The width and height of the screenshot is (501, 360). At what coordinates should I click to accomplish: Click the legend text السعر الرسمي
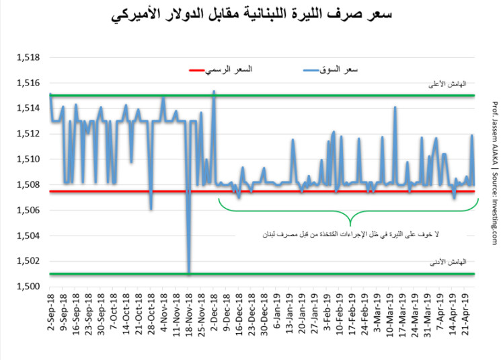coord(247,71)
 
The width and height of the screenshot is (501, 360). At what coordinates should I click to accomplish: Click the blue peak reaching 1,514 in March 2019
coord(395,108)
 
